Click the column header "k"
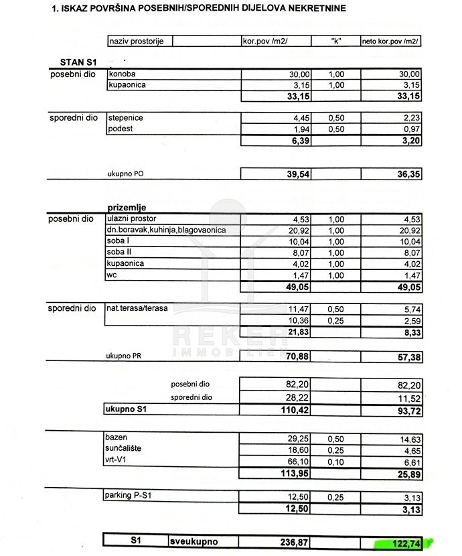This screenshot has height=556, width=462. tap(336, 42)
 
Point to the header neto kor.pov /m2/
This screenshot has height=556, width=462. tap(390, 42)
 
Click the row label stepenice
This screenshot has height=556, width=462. tap(125, 118)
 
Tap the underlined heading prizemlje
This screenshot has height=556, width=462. tap(127, 208)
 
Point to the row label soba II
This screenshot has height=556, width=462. tap(119, 253)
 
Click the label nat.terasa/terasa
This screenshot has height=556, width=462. tap(138, 309)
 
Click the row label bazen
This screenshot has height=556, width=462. tap(117, 437)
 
